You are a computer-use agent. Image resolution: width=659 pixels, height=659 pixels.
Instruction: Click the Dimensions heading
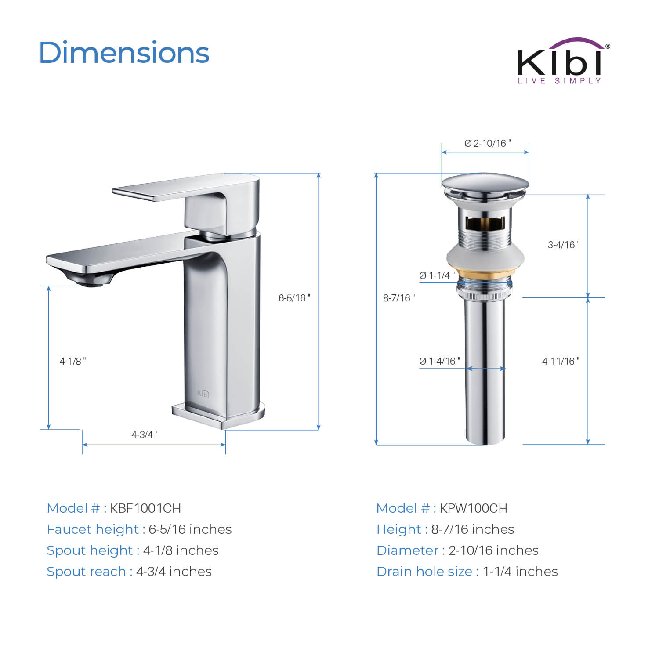pos(124,53)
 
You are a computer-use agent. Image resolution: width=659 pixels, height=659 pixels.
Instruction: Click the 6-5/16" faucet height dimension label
pos(294,298)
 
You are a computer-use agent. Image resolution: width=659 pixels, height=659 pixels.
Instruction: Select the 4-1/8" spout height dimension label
pos(73,361)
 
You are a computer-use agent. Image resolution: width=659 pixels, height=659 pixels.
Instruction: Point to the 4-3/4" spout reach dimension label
pos(145,435)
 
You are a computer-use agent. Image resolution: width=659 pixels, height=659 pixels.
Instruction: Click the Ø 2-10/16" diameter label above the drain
pos(488,143)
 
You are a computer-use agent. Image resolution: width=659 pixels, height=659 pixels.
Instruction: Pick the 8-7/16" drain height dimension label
pos(399,298)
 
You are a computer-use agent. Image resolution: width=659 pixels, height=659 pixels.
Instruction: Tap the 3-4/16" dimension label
pos(564,245)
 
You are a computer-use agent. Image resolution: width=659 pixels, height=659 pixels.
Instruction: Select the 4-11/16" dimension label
pos(561,361)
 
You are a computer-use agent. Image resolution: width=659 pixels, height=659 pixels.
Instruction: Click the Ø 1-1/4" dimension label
pos(437,275)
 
